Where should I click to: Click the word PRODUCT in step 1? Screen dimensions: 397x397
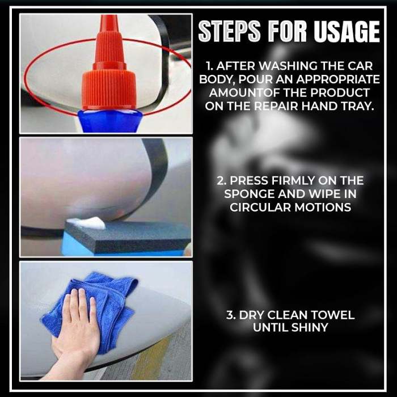coord(343,92)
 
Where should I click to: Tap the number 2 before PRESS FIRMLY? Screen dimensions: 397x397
coord(220,181)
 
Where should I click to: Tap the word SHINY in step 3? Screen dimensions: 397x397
coord(310,328)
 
